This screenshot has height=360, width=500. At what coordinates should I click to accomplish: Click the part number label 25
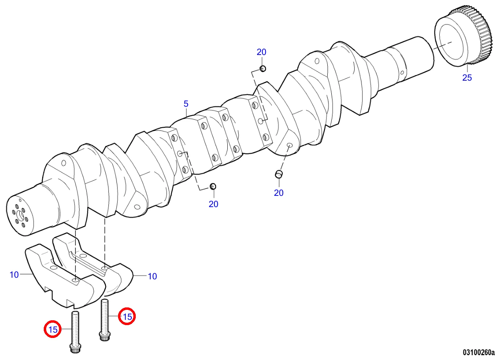[x=467, y=77]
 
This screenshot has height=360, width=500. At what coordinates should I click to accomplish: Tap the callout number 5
[x=186, y=104]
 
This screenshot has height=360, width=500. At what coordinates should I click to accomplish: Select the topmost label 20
[x=261, y=52]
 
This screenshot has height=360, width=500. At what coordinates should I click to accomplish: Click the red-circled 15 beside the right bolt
[x=127, y=316]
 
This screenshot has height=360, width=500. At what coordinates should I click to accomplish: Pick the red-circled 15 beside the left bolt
[x=53, y=329]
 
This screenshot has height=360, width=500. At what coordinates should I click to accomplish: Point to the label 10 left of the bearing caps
[x=14, y=275]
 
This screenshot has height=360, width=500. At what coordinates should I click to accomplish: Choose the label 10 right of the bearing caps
[x=153, y=277]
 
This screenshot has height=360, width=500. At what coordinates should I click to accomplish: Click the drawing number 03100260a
[x=479, y=352]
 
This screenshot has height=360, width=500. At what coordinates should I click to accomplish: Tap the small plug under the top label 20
[x=263, y=68]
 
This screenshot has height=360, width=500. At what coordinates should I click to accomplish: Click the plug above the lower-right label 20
[x=279, y=174]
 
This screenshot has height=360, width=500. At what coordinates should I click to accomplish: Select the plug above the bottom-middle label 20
[x=213, y=186]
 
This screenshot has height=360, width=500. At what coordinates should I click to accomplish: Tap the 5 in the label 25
[x=469, y=77]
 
